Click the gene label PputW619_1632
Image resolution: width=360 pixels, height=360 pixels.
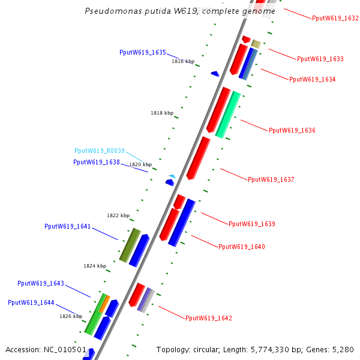[x=335, y=19]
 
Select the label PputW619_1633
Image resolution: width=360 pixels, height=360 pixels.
[x=320, y=59]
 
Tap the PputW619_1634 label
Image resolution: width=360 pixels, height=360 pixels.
[x=312, y=79]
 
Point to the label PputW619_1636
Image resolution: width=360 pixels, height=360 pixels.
[x=292, y=130]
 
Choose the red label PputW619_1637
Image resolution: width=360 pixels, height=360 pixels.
[x=271, y=179]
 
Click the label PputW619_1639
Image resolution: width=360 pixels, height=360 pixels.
[x=251, y=224]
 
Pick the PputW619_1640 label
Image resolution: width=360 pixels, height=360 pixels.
[x=241, y=247]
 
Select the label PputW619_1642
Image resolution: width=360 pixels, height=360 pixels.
[x=208, y=318]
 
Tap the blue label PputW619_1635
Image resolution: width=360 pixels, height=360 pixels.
[x=143, y=53]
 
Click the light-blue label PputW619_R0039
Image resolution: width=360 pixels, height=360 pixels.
[x=100, y=151]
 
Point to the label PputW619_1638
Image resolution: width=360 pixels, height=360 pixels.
[x=97, y=162]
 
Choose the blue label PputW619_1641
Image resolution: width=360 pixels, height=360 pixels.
[x=68, y=227]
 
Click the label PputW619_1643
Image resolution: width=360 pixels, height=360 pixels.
[x=41, y=283]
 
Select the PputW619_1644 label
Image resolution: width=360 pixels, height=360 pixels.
[x=31, y=302]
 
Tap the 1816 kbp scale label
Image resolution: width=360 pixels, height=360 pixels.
[x=183, y=61]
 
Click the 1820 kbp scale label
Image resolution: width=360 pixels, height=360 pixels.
[x=140, y=164]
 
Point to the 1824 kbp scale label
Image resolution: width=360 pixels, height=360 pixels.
[x=95, y=266]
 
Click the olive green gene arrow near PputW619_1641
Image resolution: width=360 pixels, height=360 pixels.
[x=130, y=245]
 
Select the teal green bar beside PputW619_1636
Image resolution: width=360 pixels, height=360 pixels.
[x=228, y=114]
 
